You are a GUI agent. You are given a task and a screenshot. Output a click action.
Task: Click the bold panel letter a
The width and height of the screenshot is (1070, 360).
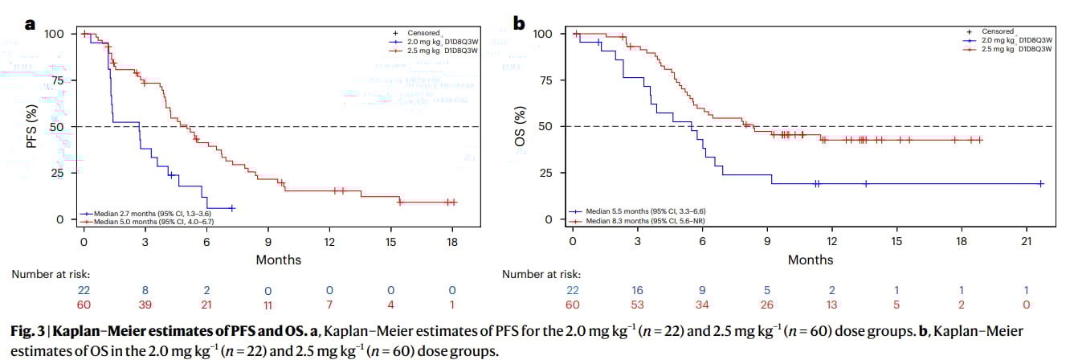pos(31,24)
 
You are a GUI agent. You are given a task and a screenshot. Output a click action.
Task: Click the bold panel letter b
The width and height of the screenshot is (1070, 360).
pos(519,24)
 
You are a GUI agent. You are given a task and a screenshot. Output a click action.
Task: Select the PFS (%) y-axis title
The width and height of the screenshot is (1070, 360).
pos(32,127)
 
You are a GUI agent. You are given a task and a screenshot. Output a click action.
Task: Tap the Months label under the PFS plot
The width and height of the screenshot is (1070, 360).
pos(278,260)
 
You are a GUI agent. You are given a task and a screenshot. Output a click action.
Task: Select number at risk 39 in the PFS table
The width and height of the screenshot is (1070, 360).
pos(145,305)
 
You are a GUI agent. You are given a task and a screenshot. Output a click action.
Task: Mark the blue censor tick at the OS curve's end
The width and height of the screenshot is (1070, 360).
pos(1040,184)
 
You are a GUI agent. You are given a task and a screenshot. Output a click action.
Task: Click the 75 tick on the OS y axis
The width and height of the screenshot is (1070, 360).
pos(549,80)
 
